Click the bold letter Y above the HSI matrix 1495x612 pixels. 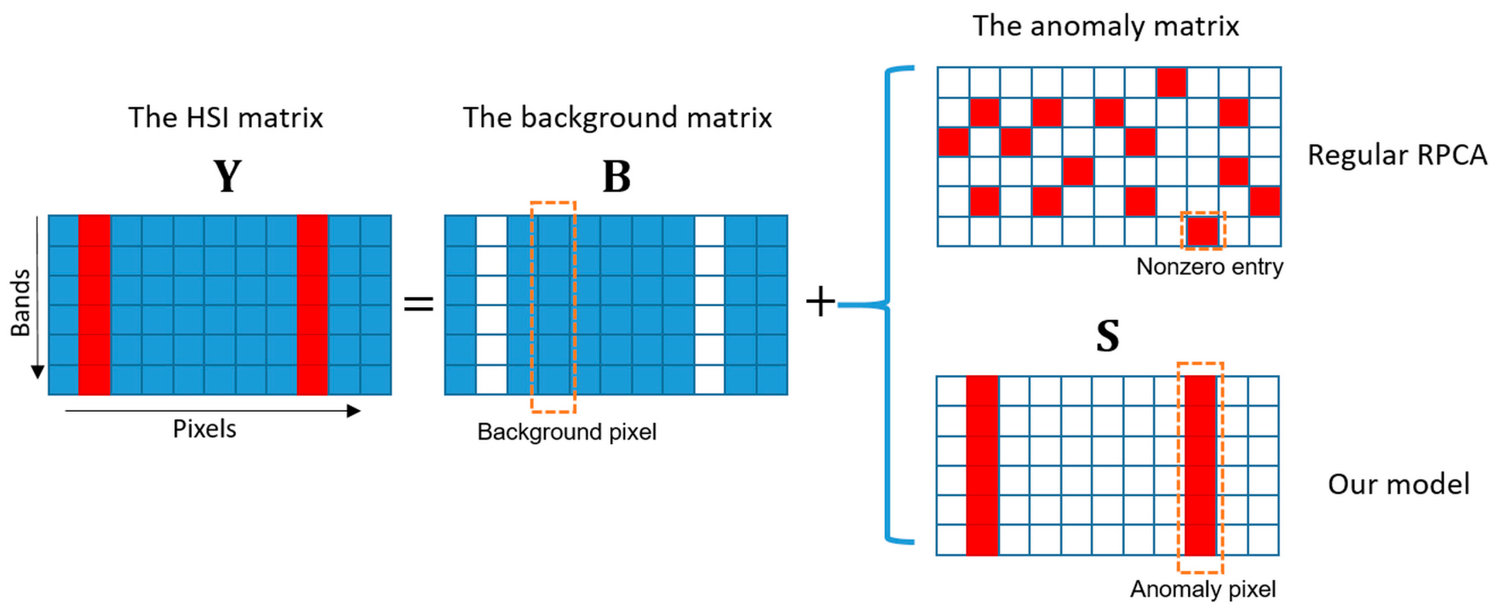(x=227, y=176)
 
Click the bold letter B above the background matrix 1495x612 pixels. (x=616, y=176)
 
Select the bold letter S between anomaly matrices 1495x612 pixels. (x=1107, y=336)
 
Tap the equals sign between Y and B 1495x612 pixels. (x=418, y=303)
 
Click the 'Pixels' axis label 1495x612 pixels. (x=204, y=429)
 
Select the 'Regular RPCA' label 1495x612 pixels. (x=1396, y=155)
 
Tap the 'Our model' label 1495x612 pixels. (x=1398, y=484)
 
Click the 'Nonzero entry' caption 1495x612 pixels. (x=1209, y=267)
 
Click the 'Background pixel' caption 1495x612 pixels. (x=566, y=432)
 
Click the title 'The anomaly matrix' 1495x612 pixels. (x=1105, y=26)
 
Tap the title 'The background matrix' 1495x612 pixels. (x=617, y=117)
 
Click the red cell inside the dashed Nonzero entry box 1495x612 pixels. (x=1203, y=231)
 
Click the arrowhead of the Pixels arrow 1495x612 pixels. (x=353, y=411)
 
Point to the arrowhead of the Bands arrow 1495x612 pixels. (x=37, y=372)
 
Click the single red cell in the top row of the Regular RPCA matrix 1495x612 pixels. (x=1171, y=82)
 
